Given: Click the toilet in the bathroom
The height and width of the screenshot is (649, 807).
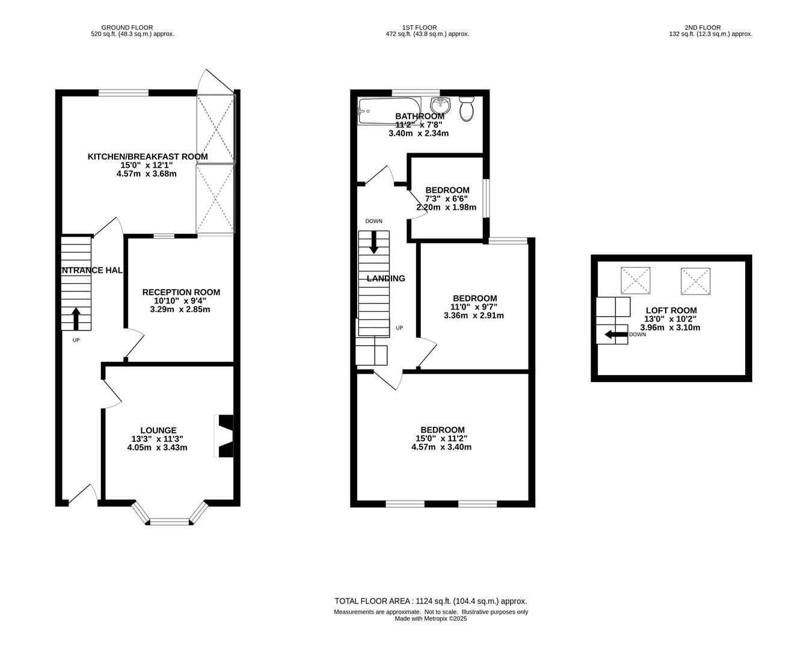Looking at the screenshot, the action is coord(467,109).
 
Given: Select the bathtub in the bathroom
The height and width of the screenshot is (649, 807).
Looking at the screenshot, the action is coord(389,111).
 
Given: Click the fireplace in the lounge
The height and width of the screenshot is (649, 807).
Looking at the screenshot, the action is coord(224,436).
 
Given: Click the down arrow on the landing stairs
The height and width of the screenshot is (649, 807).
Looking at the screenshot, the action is coord(374,242).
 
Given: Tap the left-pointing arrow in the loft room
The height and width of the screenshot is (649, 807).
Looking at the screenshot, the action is coord(616,334).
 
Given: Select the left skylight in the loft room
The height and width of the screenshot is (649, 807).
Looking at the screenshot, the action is coord(635,280).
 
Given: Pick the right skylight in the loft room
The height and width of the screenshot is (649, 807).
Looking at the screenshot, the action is coord(696,281).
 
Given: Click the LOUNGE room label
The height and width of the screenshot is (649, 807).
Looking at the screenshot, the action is coord(158,430).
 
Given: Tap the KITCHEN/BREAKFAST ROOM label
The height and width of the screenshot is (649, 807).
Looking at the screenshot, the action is coord(148,157).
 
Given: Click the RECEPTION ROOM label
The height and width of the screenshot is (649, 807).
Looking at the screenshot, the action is coord(181,292).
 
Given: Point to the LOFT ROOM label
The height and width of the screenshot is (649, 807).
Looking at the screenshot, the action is coord(671,310).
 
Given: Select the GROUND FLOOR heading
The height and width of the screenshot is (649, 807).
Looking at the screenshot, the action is coord(127,28).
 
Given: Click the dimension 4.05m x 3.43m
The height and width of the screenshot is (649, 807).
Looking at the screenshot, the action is coord(157,448).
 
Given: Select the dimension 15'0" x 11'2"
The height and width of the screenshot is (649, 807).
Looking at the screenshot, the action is coord(441,439).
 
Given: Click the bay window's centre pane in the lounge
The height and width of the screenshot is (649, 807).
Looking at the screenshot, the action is coord(170,521).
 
